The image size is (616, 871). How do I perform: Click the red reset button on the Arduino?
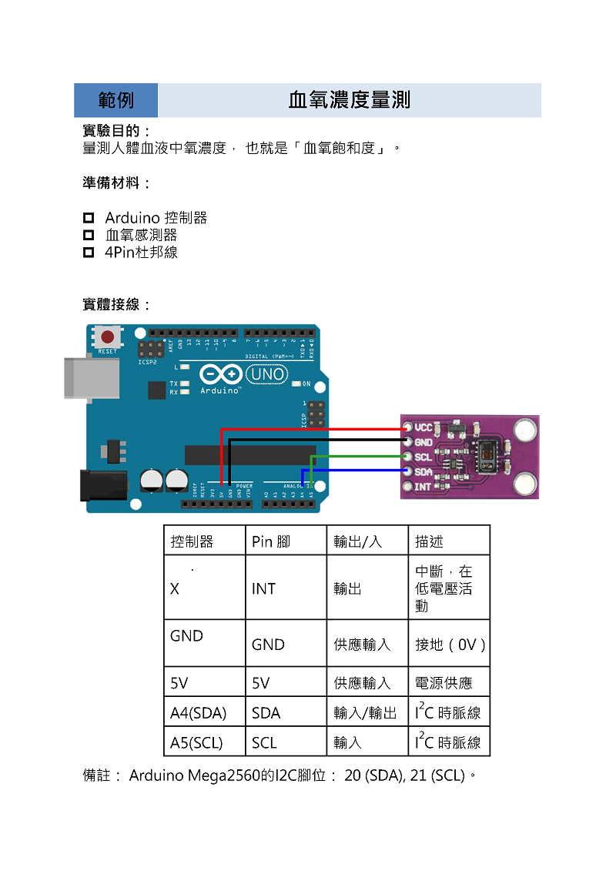pyautogui.click(x=108, y=337)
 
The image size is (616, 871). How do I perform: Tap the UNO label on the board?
pyautogui.click(x=266, y=374)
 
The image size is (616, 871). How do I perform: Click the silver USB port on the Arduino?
pyautogui.click(x=92, y=377)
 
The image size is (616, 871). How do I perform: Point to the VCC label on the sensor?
pyautogui.click(x=423, y=427)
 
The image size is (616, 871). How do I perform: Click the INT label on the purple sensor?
pyautogui.click(x=423, y=487)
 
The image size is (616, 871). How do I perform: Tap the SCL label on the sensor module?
pyautogui.click(x=423, y=457)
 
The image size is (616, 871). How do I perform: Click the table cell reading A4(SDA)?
pyautogui.click(x=199, y=713)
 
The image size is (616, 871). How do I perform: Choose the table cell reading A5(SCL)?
pyautogui.click(x=196, y=743)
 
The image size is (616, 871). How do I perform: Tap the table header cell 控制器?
pyautogui.click(x=192, y=541)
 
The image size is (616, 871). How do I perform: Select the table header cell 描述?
pyautogui.click(x=429, y=541)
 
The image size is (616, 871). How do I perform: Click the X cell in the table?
pyautogui.click(x=175, y=588)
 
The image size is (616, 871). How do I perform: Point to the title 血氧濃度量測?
pyautogui.click(x=349, y=100)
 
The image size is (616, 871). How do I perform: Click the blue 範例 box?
pyautogui.click(x=116, y=100)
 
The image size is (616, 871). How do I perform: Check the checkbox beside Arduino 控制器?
pyautogui.click(x=89, y=218)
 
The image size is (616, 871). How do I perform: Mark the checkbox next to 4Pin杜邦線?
pyautogui.click(x=89, y=252)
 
